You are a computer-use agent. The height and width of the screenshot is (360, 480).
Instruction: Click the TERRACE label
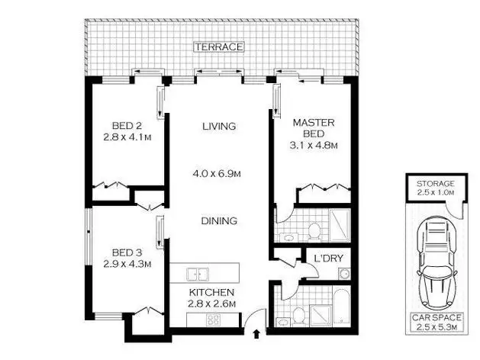(219, 47)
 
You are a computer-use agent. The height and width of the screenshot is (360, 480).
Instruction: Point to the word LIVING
(219, 127)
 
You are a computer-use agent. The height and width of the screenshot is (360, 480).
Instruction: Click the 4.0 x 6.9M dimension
(217, 174)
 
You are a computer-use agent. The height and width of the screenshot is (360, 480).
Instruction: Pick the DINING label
(220, 221)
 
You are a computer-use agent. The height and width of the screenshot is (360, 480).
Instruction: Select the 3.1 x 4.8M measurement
(315, 145)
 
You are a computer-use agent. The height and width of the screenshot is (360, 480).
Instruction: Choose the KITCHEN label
(212, 292)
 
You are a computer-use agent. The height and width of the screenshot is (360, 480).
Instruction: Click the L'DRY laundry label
(327, 259)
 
